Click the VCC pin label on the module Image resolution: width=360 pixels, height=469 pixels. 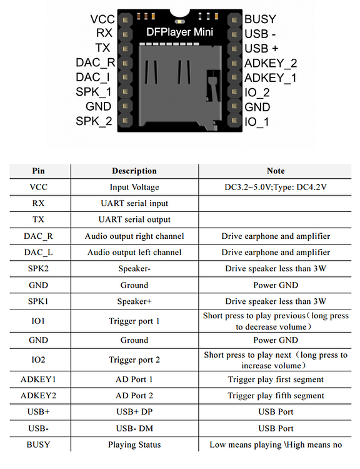tap(102, 19)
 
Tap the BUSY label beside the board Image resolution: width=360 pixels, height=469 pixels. tap(260, 19)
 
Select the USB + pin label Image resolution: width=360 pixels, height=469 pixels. tap(261, 48)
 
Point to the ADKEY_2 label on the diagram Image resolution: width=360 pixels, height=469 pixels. tap(271, 63)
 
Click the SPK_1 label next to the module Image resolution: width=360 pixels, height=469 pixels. tap(94, 92)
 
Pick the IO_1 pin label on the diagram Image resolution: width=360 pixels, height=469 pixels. tap(256, 122)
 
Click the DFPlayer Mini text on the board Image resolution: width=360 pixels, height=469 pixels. tap(179, 32)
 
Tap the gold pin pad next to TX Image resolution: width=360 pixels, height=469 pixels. tap(126, 48)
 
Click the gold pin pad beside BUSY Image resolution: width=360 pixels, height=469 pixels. tap(234, 20)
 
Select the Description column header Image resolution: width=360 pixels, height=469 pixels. tap(134, 171)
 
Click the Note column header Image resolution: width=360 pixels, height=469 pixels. tap(276, 171)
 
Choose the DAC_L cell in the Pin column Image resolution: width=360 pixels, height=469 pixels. tap(39, 253)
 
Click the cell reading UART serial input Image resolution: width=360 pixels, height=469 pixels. tap(134, 203)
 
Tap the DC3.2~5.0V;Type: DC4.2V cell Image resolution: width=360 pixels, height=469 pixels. tap(276, 187)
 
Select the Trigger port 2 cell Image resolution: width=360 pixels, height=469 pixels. tap(134, 360)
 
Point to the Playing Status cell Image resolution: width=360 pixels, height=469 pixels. tap(134, 445)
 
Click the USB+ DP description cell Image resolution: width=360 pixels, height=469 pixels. tap(134, 412)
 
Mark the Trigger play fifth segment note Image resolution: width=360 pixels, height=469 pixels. tap(276, 396)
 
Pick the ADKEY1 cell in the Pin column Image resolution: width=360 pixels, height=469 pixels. tap(39, 380)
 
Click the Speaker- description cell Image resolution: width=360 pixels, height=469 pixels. tap(134, 269)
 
